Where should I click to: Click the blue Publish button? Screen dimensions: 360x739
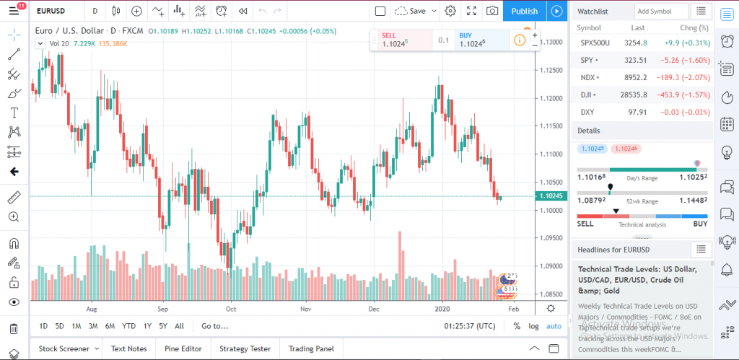pyautogui.click(x=525, y=11)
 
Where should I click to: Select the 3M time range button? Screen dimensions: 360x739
pyautogui.click(x=93, y=326)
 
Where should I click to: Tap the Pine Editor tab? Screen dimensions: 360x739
pyautogui.click(x=183, y=348)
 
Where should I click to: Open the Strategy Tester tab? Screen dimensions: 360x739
pyautogui.click(x=245, y=348)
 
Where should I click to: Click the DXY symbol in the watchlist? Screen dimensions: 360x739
pyautogui.click(x=588, y=112)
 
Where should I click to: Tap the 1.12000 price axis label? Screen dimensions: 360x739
pyautogui.click(x=551, y=98)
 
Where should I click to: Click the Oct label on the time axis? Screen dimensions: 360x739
pyautogui.click(x=231, y=308)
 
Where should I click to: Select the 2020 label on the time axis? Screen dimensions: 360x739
pyautogui.click(x=442, y=308)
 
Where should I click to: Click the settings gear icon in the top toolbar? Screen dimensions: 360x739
pyautogui.click(x=450, y=11)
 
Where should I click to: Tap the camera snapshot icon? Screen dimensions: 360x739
pyautogui.click(x=492, y=11)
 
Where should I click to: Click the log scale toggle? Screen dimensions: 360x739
pyautogui.click(x=533, y=326)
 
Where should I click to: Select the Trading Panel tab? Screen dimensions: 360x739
pyautogui.click(x=312, y=348)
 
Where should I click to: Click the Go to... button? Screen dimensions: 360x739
pyautogui.click(x=215, y=326)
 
